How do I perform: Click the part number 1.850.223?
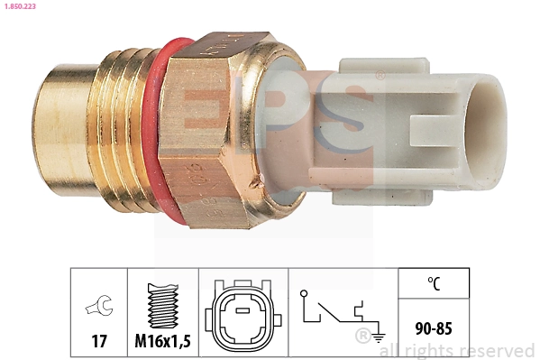(19, 7)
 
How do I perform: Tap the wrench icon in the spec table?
(98, 307)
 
